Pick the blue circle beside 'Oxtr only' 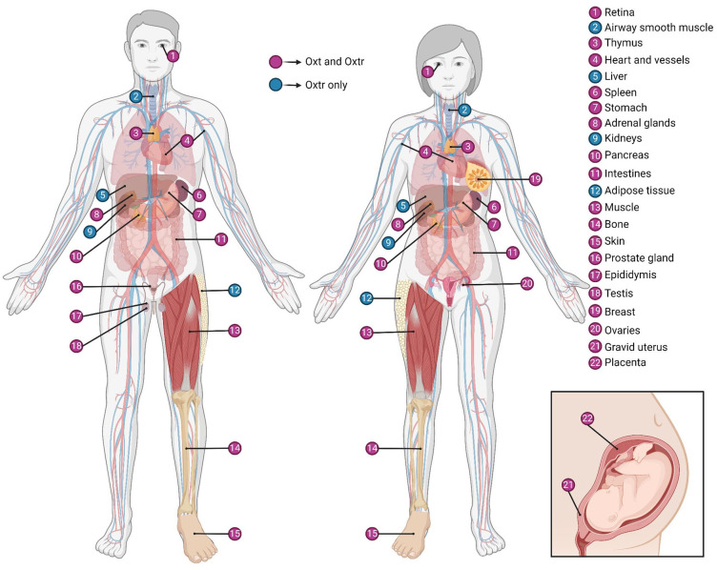point(276,85)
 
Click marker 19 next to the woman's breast point(535,178)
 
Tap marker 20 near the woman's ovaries point(526,283)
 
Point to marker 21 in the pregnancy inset point(568,486)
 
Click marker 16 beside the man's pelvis point(76,286)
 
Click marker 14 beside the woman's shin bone point(373,447)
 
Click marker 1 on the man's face point(173,56)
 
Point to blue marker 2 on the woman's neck point(464,111)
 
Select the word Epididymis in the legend point(634,275)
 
